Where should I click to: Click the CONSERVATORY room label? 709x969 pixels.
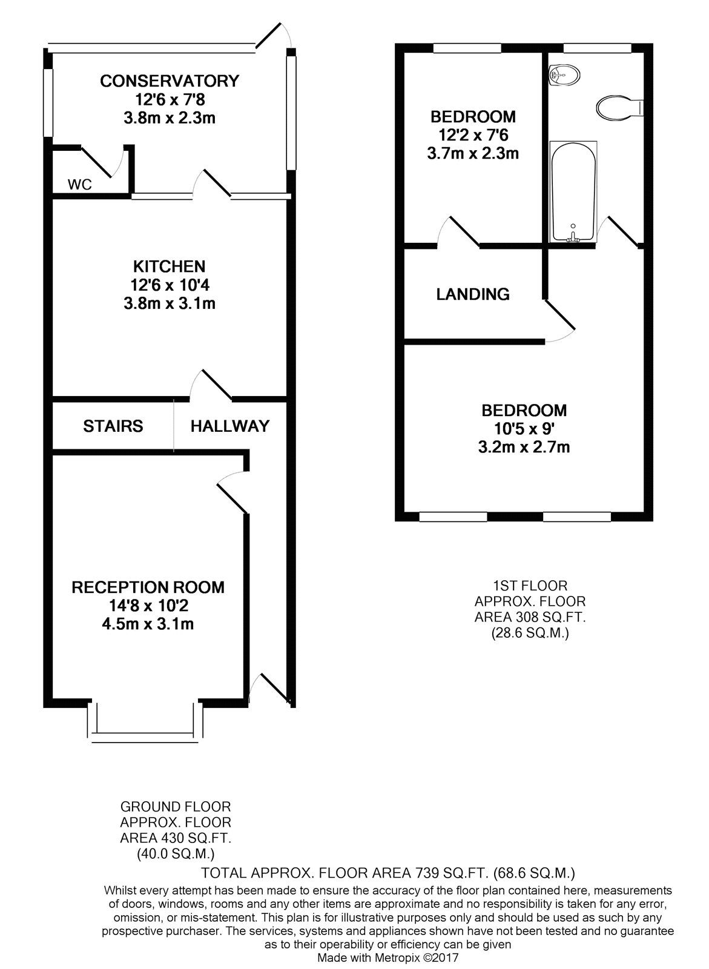170,81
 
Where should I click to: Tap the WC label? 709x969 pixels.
80,185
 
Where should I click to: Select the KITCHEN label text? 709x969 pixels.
169,266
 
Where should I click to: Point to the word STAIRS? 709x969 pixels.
113,426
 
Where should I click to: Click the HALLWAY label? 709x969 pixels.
229,426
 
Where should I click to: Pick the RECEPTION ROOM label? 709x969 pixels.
148,587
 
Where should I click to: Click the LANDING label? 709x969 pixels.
473,294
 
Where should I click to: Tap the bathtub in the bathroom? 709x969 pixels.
573,191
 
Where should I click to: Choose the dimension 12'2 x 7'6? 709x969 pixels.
473,135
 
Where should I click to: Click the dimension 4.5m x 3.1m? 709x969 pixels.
148,624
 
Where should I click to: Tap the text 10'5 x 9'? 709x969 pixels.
524,429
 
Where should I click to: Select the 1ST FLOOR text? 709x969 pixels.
530,586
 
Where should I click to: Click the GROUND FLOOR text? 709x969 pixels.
176,807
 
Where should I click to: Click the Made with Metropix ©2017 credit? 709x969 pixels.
388,958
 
